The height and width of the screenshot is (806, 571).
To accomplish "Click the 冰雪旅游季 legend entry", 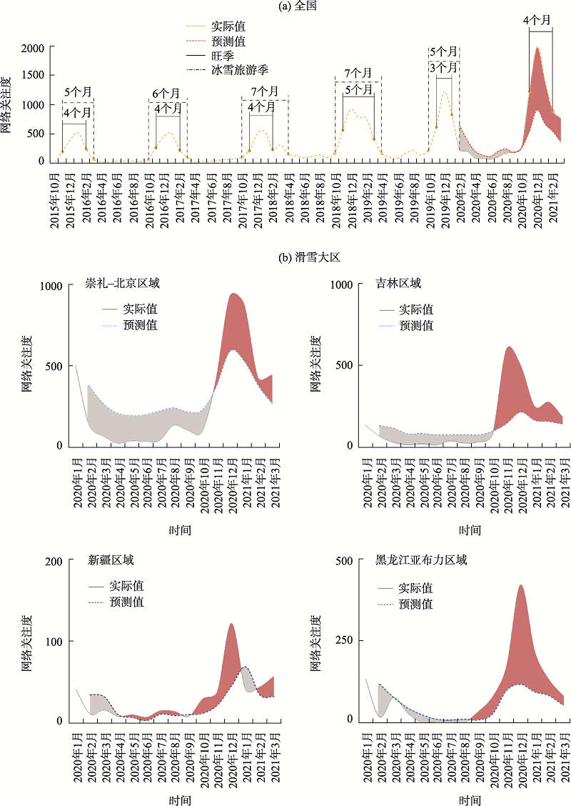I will point(239,69).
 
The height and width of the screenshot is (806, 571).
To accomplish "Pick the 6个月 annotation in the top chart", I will point(166,94).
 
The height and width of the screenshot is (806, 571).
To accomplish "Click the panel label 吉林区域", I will point(398,283).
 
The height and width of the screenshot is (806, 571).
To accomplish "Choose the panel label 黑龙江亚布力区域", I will point(421,559).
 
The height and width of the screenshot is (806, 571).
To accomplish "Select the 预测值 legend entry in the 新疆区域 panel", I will point(126,602).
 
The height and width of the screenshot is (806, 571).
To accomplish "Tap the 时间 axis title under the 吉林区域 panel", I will point(470,529).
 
